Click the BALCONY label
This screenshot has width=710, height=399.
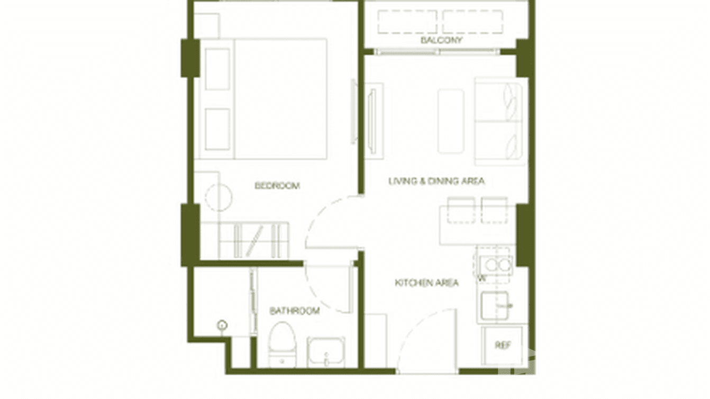tap(441, 40)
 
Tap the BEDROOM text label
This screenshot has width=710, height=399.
tap(277, 186)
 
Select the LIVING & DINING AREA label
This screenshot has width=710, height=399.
tap(436, 181)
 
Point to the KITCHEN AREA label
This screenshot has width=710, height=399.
tap(427, 283)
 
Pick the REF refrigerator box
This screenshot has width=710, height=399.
tap(502, 346)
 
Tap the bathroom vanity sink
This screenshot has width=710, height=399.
tap(326, 352)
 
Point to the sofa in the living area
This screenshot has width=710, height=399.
tap(500, 121)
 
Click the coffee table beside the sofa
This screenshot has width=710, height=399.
tap(451, 121)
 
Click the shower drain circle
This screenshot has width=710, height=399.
tap(223, 325)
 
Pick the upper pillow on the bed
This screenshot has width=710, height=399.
tap(217, 69)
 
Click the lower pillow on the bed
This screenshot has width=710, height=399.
tap(217, 129)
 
